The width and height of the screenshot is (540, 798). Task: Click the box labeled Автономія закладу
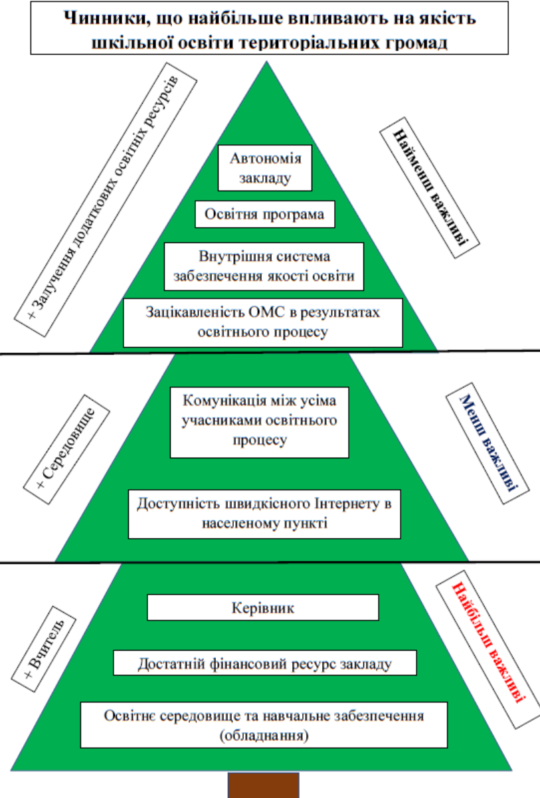point(265,168)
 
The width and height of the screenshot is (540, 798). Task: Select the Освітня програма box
point(264,215)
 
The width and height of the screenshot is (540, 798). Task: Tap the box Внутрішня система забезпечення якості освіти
point(264,266)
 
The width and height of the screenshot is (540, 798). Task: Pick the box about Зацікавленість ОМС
point(263,322)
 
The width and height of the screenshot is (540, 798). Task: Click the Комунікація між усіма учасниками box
point(259,421)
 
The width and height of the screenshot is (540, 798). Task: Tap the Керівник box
point(262,607)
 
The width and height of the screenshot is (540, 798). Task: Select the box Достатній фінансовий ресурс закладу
point(264,663)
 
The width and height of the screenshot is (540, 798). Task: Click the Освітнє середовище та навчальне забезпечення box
point(264,726)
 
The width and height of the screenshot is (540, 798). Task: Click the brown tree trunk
point(263,785)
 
